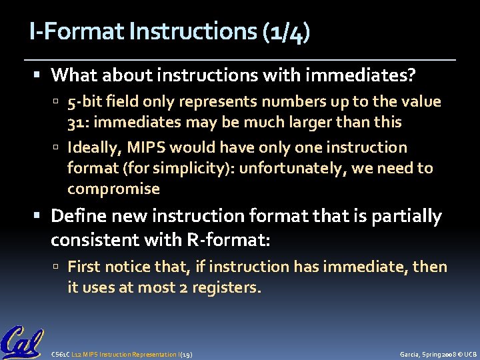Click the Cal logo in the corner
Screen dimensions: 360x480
[x=22, y=342]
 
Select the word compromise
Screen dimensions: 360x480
[x=113, y=189]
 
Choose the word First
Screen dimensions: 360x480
[x=85, y=267]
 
